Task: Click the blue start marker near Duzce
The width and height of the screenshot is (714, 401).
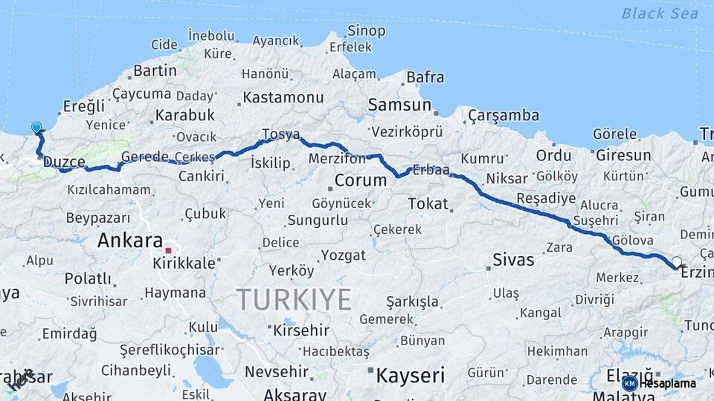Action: (36, 128)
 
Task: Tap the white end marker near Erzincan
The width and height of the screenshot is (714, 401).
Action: (676, 262)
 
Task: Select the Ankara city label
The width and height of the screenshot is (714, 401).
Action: (130, 241)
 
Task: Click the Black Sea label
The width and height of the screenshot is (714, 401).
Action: (660, 13)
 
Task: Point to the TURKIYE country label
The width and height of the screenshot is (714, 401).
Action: (294, 299)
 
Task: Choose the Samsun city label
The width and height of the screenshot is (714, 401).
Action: (400, 105)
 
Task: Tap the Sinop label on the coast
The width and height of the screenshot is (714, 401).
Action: (367, 31)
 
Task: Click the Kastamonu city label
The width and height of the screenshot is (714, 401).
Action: (283, 97)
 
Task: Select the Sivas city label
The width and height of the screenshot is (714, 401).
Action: (514, 260)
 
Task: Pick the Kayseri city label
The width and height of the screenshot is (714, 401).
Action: (410, 375)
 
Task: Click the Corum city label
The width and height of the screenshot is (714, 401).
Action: (361, 180)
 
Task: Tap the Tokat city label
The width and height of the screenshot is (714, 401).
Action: (428, 203)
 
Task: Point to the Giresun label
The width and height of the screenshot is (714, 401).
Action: (623, 156)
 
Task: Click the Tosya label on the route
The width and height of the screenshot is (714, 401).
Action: (280, 134)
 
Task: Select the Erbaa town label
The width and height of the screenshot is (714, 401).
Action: (431, 169)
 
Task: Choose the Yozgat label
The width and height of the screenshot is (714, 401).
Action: (343, 255)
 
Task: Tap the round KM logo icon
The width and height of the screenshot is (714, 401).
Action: (629, 383)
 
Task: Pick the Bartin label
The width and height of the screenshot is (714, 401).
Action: (155, 71)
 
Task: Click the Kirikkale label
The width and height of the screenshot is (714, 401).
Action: (184, 264)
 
